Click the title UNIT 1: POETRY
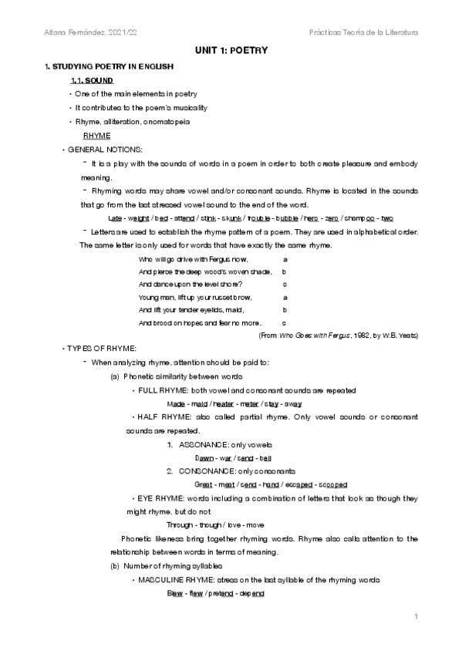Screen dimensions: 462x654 [231, 49]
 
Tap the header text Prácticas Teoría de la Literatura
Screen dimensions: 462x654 [362, 32]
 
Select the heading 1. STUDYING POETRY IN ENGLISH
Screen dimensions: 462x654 [109, 67]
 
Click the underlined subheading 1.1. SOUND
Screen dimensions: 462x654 [92, 80]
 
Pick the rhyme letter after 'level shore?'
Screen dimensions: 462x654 [285, 285]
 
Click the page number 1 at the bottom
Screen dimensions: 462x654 [415, 617]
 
